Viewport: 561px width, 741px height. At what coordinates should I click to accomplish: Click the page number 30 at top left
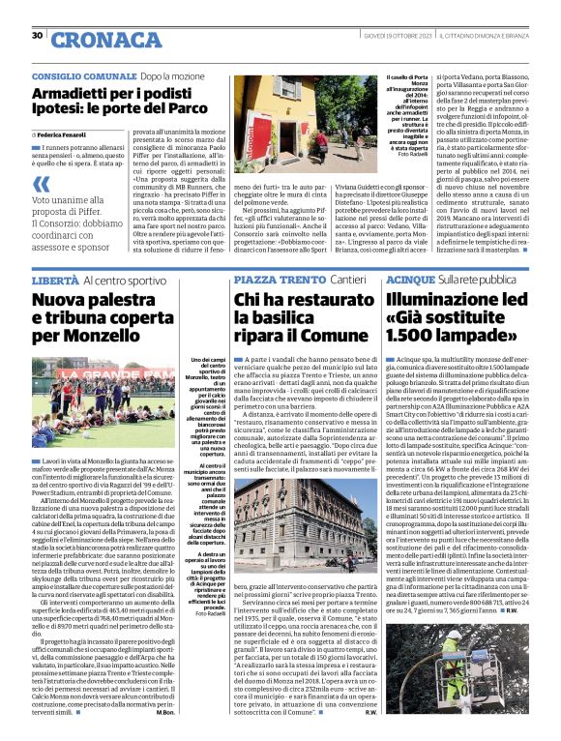(x=37, y=36)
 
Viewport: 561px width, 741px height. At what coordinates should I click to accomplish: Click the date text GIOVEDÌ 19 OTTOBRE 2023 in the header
(x=396, y=36)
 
